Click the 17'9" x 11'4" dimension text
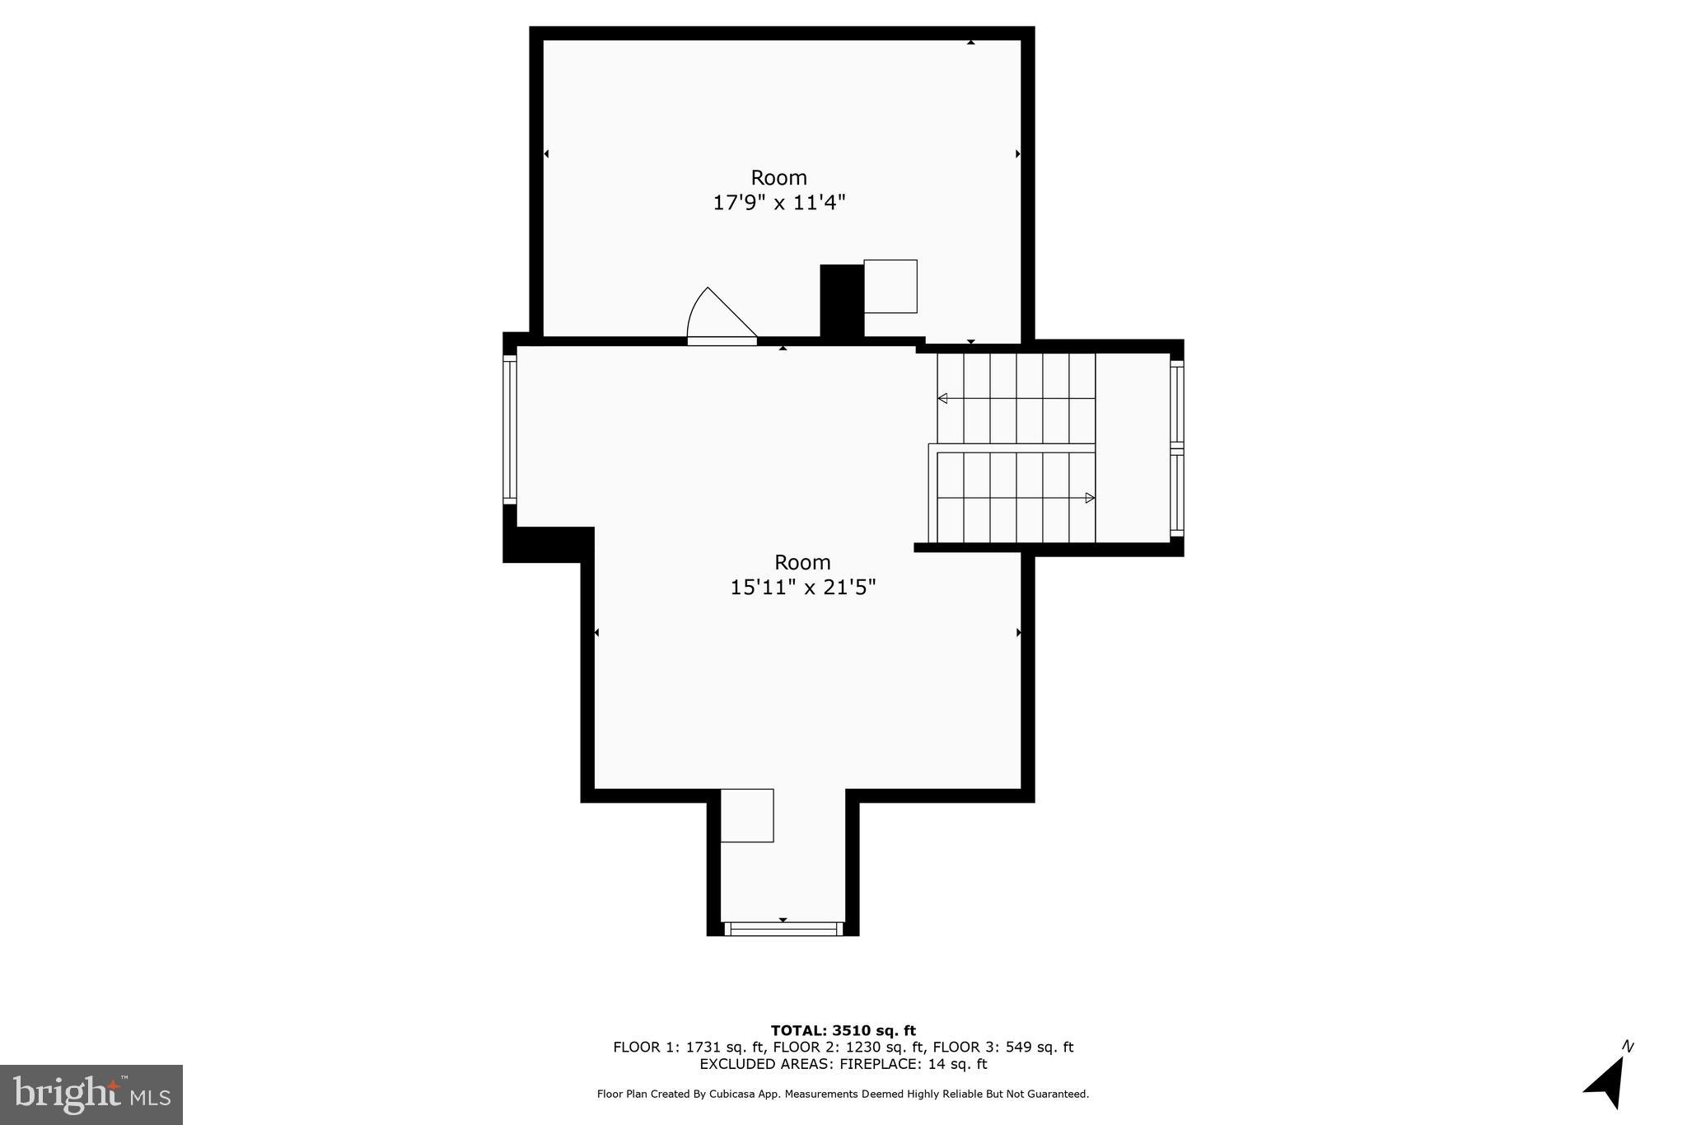[x=778, y=203]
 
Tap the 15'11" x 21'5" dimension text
[x=802, y=588]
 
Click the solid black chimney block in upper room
[x=841, y=300]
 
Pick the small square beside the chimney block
[x=890, y=286]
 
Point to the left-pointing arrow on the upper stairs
[x=942, y=399]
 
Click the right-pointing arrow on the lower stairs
[x=1089, y=498]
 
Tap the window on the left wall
[x=510, y=429]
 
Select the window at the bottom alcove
[x=783, y=929]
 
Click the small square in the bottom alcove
[x=746, y=815]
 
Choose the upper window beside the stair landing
[x=1177, y=404]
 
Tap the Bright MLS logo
[x=91, y=1095]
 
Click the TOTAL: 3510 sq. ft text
[x=843, y=1030]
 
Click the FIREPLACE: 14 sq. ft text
[x=913, y=1064]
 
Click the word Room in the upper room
[x=778, y=178]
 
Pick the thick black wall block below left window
[x=546, y=545]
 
